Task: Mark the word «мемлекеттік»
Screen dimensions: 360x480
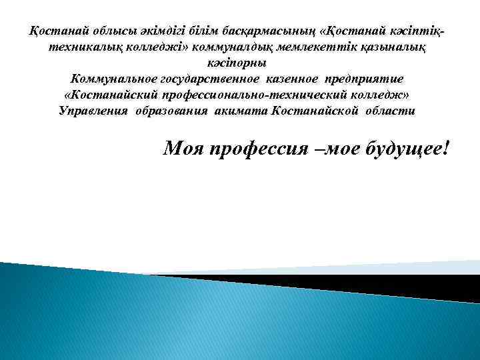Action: [x=321, y=47]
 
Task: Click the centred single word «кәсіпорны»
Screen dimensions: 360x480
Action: [x=237, y=63]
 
